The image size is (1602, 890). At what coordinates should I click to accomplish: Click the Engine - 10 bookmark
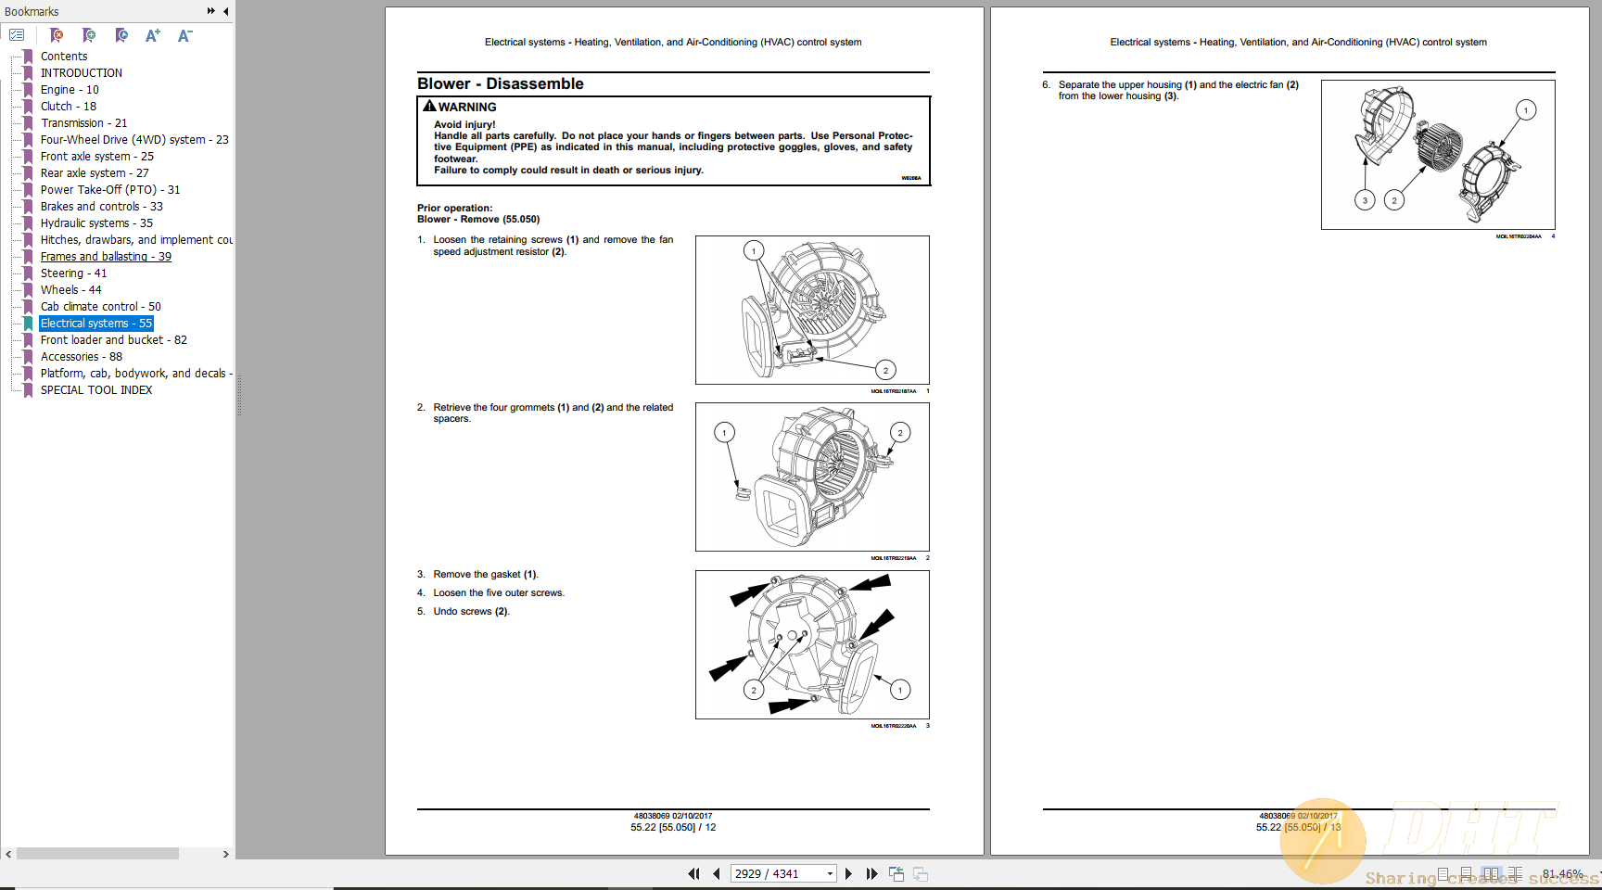pos(70,90)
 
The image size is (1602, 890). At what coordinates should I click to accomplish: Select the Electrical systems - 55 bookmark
pos(95,324)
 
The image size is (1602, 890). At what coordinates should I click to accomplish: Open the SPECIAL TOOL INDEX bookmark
pos(95,390)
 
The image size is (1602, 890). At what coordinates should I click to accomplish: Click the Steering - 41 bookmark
pos(73,273)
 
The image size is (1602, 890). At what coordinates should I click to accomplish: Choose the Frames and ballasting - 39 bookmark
pos(105,257)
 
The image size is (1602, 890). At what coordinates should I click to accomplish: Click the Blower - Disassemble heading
pos(500,83)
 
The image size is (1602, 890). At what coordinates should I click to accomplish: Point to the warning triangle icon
pos(429,107)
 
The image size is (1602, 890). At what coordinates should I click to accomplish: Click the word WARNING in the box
pos(467,108)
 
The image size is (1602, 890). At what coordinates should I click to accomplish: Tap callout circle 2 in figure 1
pos(885,370)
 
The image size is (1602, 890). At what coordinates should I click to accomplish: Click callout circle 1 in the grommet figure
pos(724,432)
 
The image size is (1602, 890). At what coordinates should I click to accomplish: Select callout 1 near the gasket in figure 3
pos(899,690)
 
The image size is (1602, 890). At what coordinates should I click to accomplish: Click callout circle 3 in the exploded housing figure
pos(1364,200)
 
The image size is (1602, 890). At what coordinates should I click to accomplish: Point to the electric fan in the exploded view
pos(1438,146)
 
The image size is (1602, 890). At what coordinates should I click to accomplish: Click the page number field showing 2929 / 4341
pos(777,873)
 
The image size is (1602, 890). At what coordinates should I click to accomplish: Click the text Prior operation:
pos(454,208)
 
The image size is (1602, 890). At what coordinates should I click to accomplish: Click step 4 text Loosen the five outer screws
pos(498,593)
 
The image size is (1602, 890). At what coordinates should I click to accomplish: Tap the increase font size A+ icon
pos(152,35)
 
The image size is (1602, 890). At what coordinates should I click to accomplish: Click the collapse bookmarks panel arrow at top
pos(226,11)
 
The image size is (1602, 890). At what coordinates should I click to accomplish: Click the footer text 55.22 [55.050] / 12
pos(673,827)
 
